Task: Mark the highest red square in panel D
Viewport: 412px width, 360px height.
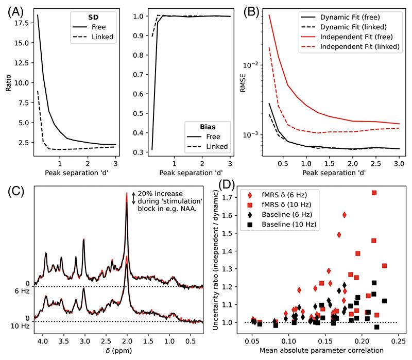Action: point(374,193)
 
